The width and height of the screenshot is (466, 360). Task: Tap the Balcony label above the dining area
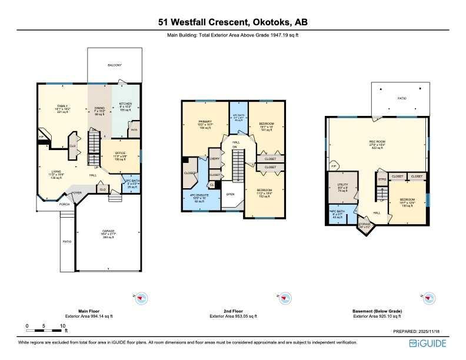(115, 66)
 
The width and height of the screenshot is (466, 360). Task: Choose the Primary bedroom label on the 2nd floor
(204, 124)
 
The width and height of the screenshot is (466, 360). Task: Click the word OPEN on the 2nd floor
(231, 194)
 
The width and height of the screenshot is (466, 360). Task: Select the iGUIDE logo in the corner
(434, 343)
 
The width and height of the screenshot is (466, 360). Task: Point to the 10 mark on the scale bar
(62, 325)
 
